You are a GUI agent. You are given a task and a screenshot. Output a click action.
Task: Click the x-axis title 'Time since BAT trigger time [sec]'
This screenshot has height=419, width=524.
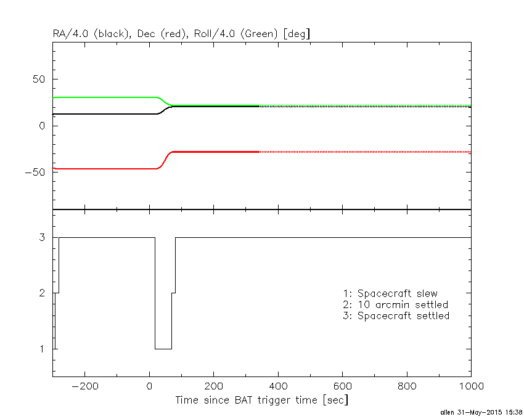coord(261,401)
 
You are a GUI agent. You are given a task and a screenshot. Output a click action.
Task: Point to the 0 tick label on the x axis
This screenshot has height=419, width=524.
coord(149,386)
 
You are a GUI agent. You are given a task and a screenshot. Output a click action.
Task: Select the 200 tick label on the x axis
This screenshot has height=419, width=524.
coord(213,386)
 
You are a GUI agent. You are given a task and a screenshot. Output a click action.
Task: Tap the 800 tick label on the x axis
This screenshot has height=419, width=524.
coord(407,386)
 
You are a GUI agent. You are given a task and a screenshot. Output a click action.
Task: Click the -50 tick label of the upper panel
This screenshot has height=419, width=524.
coord(36,172)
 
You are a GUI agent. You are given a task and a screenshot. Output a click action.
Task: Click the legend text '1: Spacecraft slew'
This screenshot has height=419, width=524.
coord(390,293)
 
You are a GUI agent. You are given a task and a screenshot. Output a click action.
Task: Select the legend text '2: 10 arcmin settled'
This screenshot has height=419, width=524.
coord(396,304)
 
